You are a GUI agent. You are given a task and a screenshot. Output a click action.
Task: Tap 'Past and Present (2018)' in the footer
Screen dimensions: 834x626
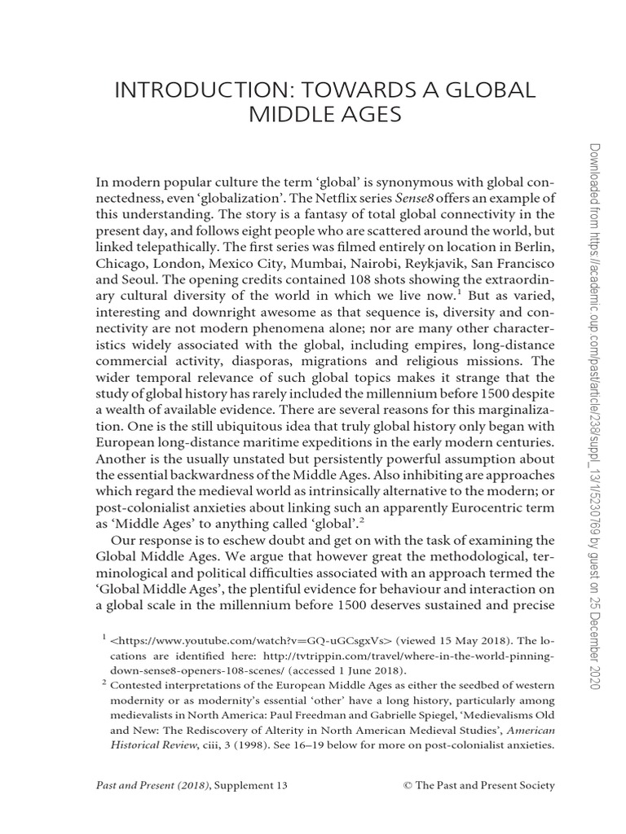[149, 785]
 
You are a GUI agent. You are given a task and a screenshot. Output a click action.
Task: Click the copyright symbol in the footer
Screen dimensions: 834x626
[408, 785]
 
